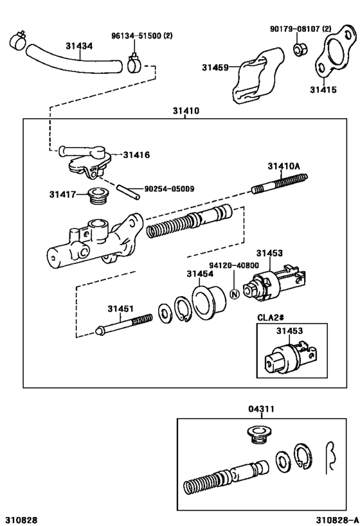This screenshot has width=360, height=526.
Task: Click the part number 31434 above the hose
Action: pos(79,46)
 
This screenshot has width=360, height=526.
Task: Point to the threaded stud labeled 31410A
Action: pos(279,183)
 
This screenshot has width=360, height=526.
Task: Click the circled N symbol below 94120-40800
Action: pos(234,294)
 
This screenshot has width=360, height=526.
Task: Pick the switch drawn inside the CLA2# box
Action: pos(289,356)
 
